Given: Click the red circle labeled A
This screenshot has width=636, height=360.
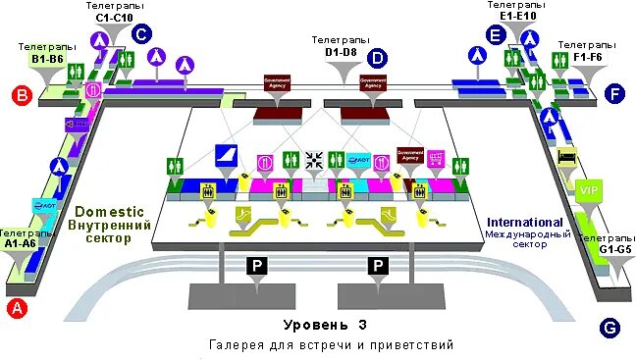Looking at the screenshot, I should [x=16, y=308].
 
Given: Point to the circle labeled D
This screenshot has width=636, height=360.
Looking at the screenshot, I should [x=376, y=58].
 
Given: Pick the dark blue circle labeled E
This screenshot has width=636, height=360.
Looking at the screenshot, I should [x=496, y=35].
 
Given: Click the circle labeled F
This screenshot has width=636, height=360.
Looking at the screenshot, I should [x=615, y=94].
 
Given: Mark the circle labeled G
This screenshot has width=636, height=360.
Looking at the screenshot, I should [x=609, y=328].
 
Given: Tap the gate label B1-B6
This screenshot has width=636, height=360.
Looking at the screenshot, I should [x=47, y=58].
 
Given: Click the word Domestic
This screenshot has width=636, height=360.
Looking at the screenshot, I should [x=109, y=211].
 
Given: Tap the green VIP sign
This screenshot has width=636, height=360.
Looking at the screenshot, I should [x=588, y=190].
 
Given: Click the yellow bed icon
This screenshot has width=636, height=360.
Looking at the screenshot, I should [x=565, y=157].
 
